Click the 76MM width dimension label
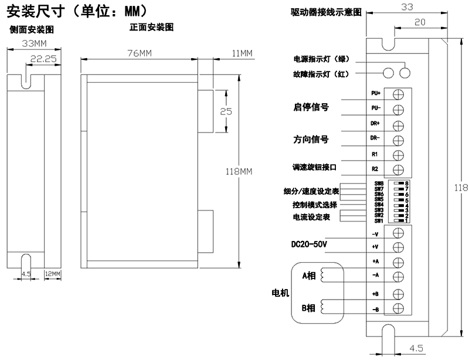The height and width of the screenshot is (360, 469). click(140, 53)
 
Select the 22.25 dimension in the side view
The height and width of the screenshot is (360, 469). click(43, 59)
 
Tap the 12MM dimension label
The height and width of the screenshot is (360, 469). click(53, 274)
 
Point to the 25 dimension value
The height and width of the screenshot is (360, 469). click(226, 111)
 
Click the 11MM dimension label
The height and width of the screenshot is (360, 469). click(242, 53)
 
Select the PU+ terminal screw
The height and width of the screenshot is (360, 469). click(398, 94)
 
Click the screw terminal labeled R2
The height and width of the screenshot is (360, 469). click(398, 170)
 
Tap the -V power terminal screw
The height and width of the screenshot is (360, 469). click(398, 233)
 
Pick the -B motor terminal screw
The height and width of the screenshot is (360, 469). click(398, 308)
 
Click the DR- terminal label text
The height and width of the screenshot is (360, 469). click(375, 138)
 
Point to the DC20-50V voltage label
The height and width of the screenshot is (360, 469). click(309, 244)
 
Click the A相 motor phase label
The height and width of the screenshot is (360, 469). click(309, 276)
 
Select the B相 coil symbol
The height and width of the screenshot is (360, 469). click(322, 307)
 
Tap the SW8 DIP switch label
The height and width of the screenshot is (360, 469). click(379, 184)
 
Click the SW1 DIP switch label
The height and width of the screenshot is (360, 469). click(379, 221)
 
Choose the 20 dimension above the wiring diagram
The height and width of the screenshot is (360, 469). click(420, 22)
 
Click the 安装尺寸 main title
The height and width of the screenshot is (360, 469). click(36, 12)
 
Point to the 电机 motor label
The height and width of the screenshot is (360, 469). click(280, 293)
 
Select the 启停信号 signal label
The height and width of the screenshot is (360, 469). click(311, 107)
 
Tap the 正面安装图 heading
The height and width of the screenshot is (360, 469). click(151, 27)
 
